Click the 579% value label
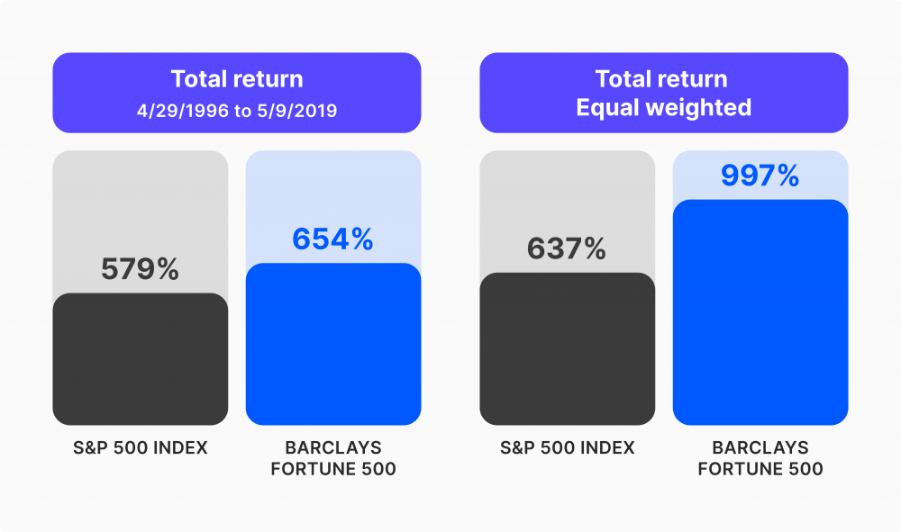coord(140,269)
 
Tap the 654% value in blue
coord(332,239)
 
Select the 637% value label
coord(567,248)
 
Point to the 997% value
coord(760,176)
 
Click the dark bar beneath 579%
coord(140,358)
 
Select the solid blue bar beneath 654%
coord(332,344)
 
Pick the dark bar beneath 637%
coord(567,347)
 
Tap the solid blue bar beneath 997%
coord(760,311)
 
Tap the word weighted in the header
coord(697,108)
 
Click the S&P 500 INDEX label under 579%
coord(140,448)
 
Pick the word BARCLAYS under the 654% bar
coord(332,448)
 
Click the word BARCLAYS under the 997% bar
coord(760,448)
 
